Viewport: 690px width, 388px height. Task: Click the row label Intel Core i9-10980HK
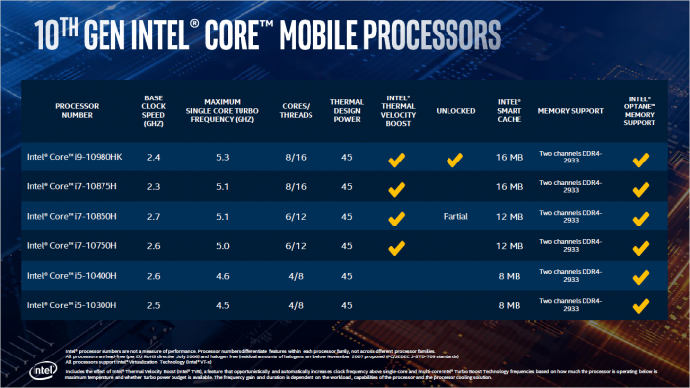(76, 157)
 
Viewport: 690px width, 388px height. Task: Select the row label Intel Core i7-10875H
(74, 186)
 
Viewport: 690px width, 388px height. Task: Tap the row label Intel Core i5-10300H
(74, 305)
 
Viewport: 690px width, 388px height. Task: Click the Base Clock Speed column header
(154, 110)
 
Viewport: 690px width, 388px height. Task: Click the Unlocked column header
(454, 111)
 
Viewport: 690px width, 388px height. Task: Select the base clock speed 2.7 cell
(154, 216)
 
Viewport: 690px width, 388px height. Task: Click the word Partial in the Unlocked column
(454, 216)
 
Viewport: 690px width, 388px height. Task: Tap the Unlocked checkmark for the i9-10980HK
(454, 158)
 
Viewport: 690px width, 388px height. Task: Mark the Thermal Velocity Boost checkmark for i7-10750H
(396, 246)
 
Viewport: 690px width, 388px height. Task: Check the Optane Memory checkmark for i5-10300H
(641, 305)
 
